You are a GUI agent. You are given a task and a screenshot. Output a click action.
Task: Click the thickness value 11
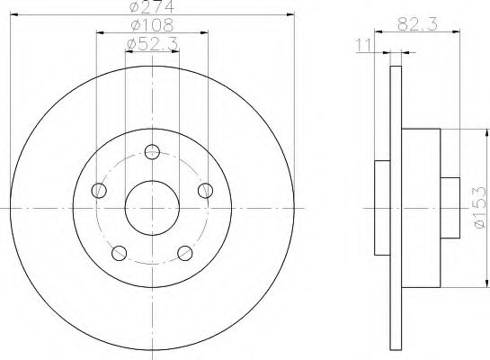pyautogui.click(x=363, y=43)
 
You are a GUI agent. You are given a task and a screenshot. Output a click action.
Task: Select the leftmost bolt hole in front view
pyautogui.click(x=99, y=190)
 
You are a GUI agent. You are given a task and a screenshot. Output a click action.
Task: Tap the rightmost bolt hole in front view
pyautogui.click(x=206, y=189)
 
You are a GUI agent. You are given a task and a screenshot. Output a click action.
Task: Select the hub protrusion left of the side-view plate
pyautogui.click(x=381, y=208)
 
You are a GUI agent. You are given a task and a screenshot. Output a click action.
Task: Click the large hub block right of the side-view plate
pyautogui.click(x=421, y=208)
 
